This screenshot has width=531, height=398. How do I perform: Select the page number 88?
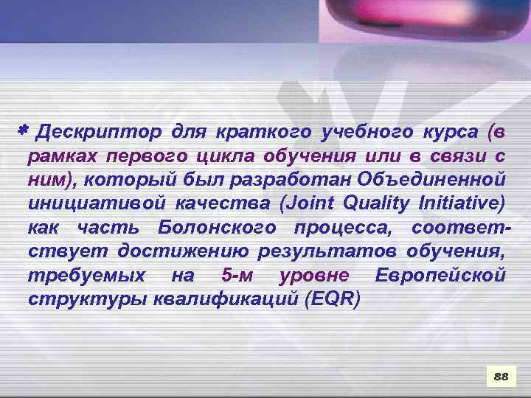point(501,377)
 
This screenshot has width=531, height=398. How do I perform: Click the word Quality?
point(376,203)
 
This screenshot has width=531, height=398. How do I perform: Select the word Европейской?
point(440,276)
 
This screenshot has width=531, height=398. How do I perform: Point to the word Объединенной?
point(431,180)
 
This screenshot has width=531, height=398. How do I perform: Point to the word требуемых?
point(77,276)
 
